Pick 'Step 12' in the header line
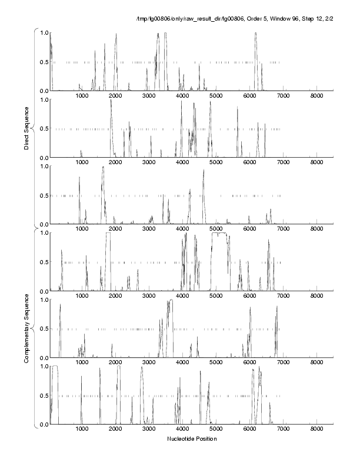[x=306, y=21]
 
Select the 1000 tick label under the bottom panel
[x=82, y=429]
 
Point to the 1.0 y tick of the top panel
[x=43, y=32]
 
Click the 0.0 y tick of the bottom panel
[x=43, y=424]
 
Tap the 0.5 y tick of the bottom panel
[x=43, y=395]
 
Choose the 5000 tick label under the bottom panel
[x=216, y=429]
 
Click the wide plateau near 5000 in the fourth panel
[x=220, y=234]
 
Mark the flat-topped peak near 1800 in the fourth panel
[x=108, y=234]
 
